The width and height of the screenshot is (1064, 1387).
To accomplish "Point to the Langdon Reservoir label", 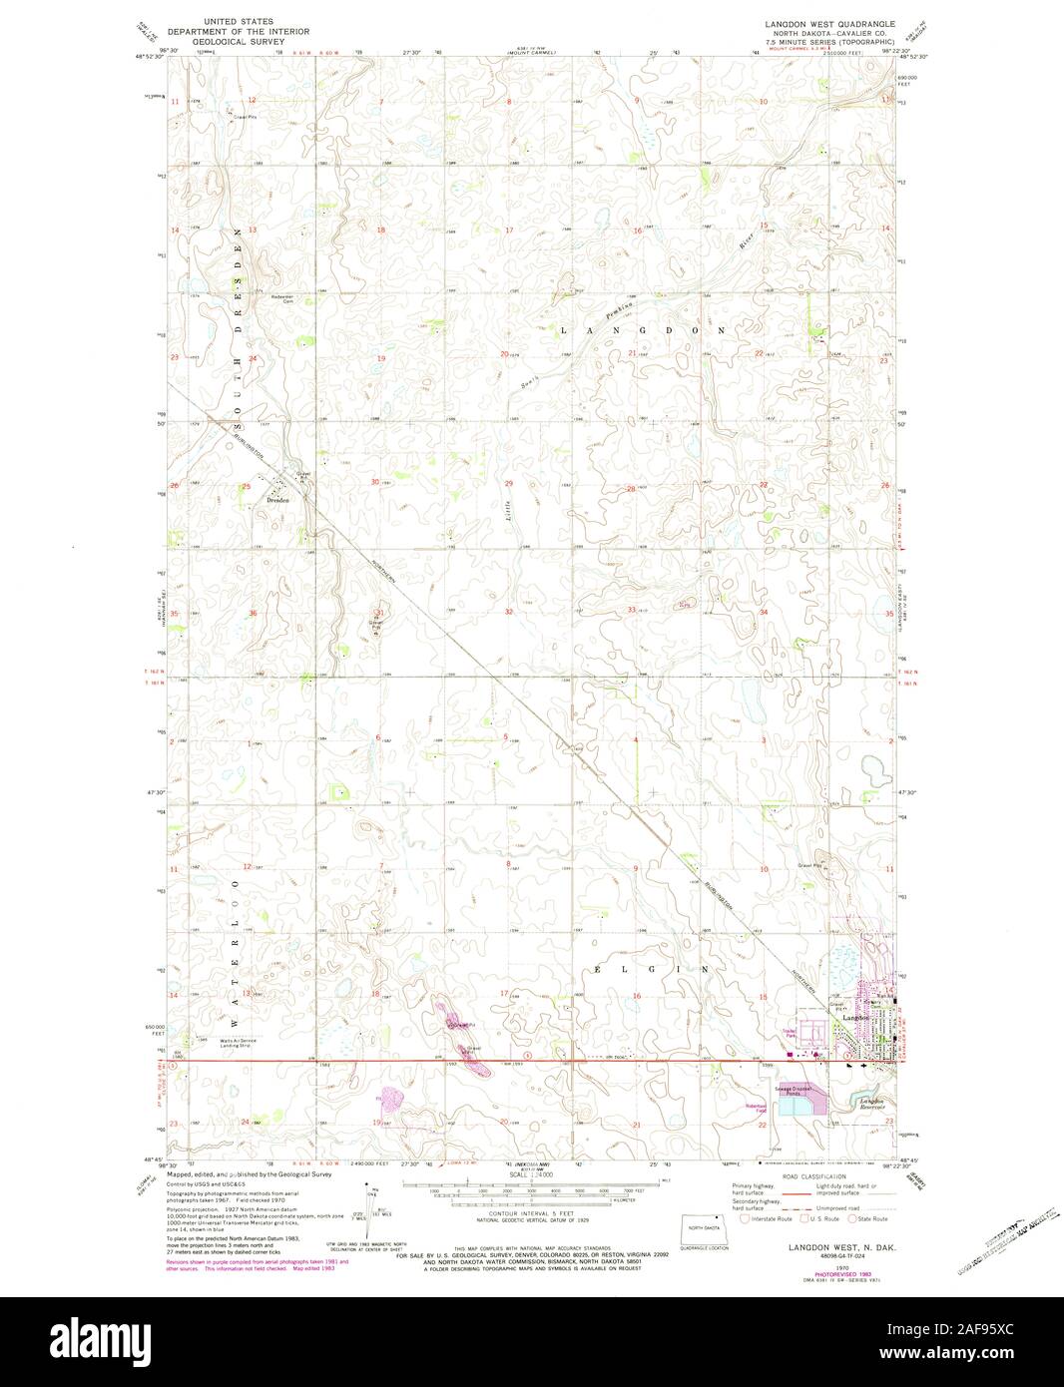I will coord(875,1105).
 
